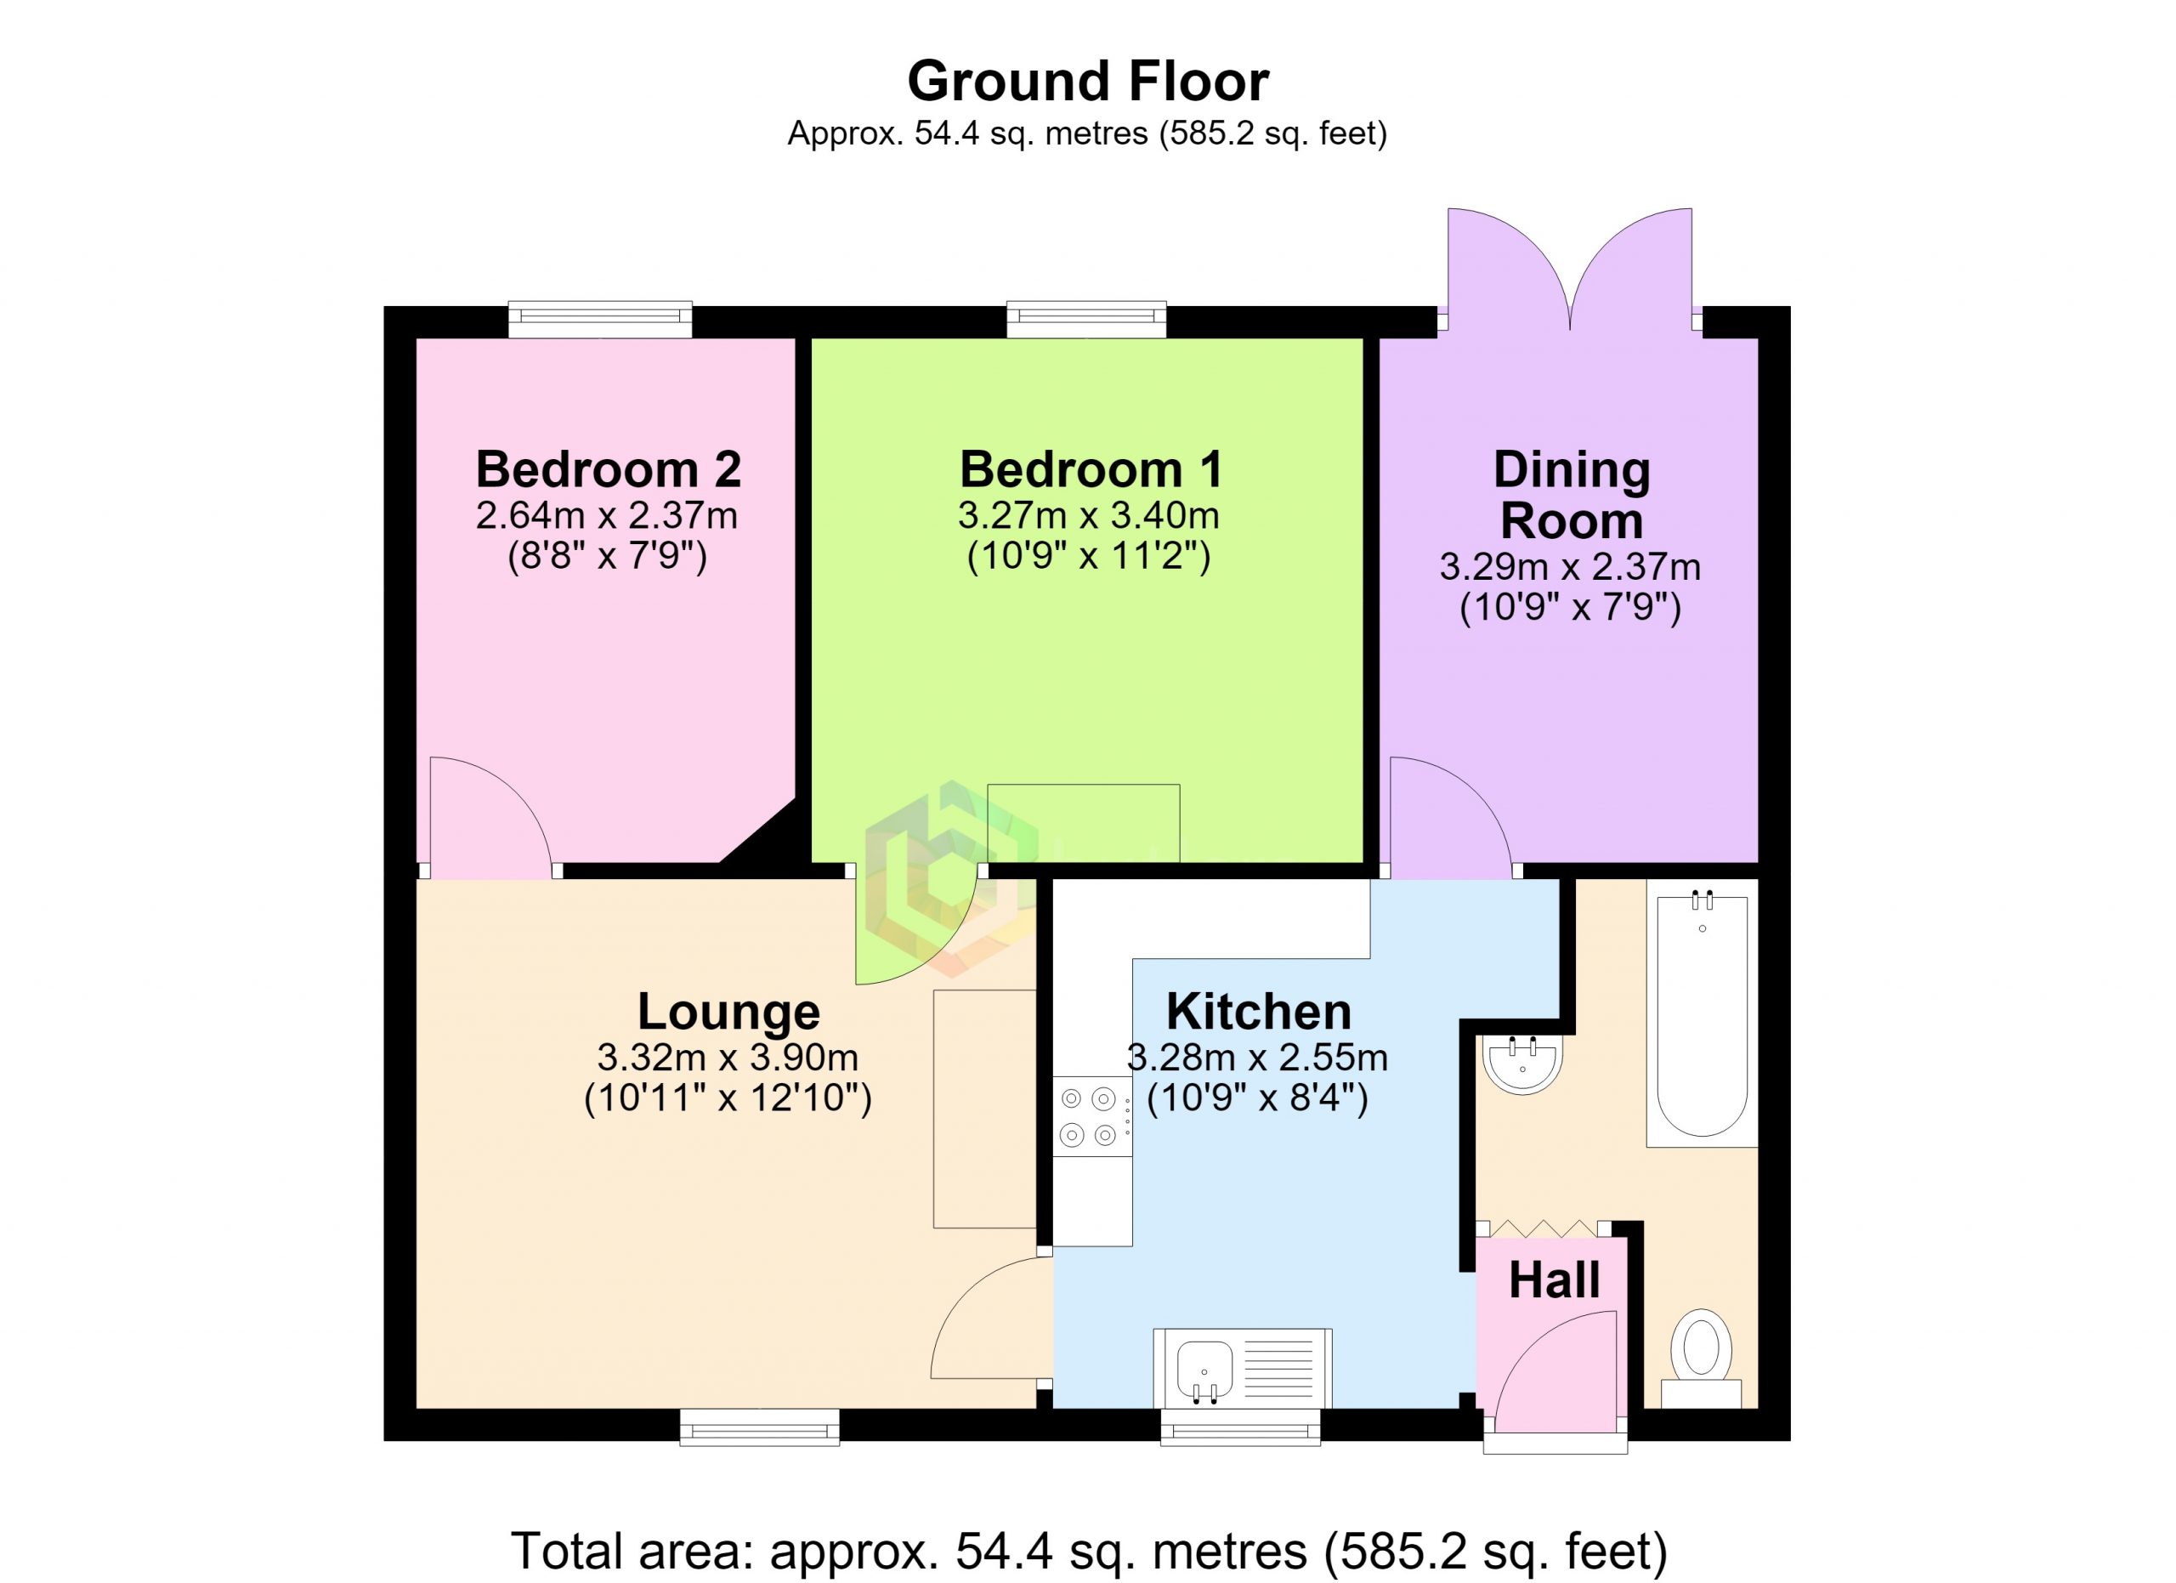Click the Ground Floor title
pos(1088,82)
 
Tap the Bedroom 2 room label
pos(609,469)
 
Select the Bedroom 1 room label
pos(1091,469)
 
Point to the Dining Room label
pos(1572,495)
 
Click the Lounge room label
pos(728,1011)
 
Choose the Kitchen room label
pos(1259,1011)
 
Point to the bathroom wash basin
pos(1522,1062)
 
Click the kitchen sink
pos(1243,1368)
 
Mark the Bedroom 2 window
pos(599,320)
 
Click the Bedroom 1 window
pos(1086,320)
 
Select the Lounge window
pos(760,1427)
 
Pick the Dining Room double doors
pos(1570,270)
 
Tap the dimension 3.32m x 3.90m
pos(728,1058)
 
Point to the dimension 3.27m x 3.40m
pos(1089,516)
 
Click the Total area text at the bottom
pos(1089,1551)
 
